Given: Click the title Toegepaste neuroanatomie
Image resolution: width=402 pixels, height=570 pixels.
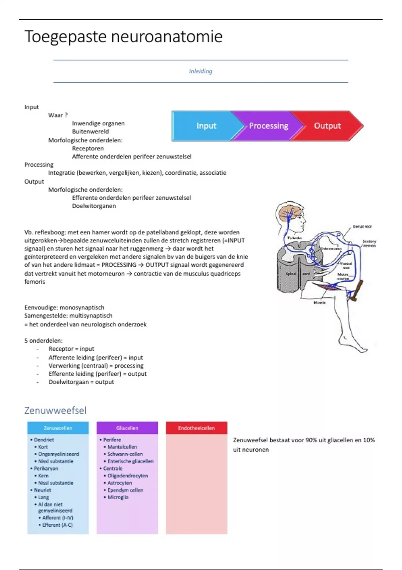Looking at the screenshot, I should point(123,37).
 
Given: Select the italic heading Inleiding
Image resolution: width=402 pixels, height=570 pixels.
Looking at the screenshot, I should point(200,71).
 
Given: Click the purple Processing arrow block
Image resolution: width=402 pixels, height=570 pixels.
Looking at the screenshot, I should point(268,126).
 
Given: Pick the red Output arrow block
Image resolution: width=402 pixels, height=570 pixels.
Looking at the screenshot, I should point(327,126).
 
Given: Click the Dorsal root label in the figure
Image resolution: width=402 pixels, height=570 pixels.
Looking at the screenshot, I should point(362,227).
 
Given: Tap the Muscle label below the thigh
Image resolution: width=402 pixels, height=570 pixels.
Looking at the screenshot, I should point(319,302).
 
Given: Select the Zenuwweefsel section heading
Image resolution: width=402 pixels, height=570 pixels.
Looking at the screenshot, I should point(55,410).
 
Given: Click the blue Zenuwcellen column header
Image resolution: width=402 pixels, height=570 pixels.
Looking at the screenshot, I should point(58,428).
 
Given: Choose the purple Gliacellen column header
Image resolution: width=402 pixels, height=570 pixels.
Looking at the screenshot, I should point(127,428).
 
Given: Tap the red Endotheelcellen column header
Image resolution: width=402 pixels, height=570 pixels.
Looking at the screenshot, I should point(196,428).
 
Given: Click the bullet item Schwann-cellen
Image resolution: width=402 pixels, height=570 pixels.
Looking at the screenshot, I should point(125,454).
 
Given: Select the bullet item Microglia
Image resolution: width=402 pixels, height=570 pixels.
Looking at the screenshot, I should point(118,497).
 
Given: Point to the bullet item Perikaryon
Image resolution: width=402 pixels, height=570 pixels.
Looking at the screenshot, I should point(46,468).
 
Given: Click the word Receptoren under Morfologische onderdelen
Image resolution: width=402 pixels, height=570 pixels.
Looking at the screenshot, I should point(88,148).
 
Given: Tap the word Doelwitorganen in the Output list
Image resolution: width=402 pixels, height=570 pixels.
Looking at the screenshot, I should point(94,206).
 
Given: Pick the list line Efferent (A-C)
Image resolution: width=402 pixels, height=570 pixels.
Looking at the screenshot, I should point(57,525).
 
